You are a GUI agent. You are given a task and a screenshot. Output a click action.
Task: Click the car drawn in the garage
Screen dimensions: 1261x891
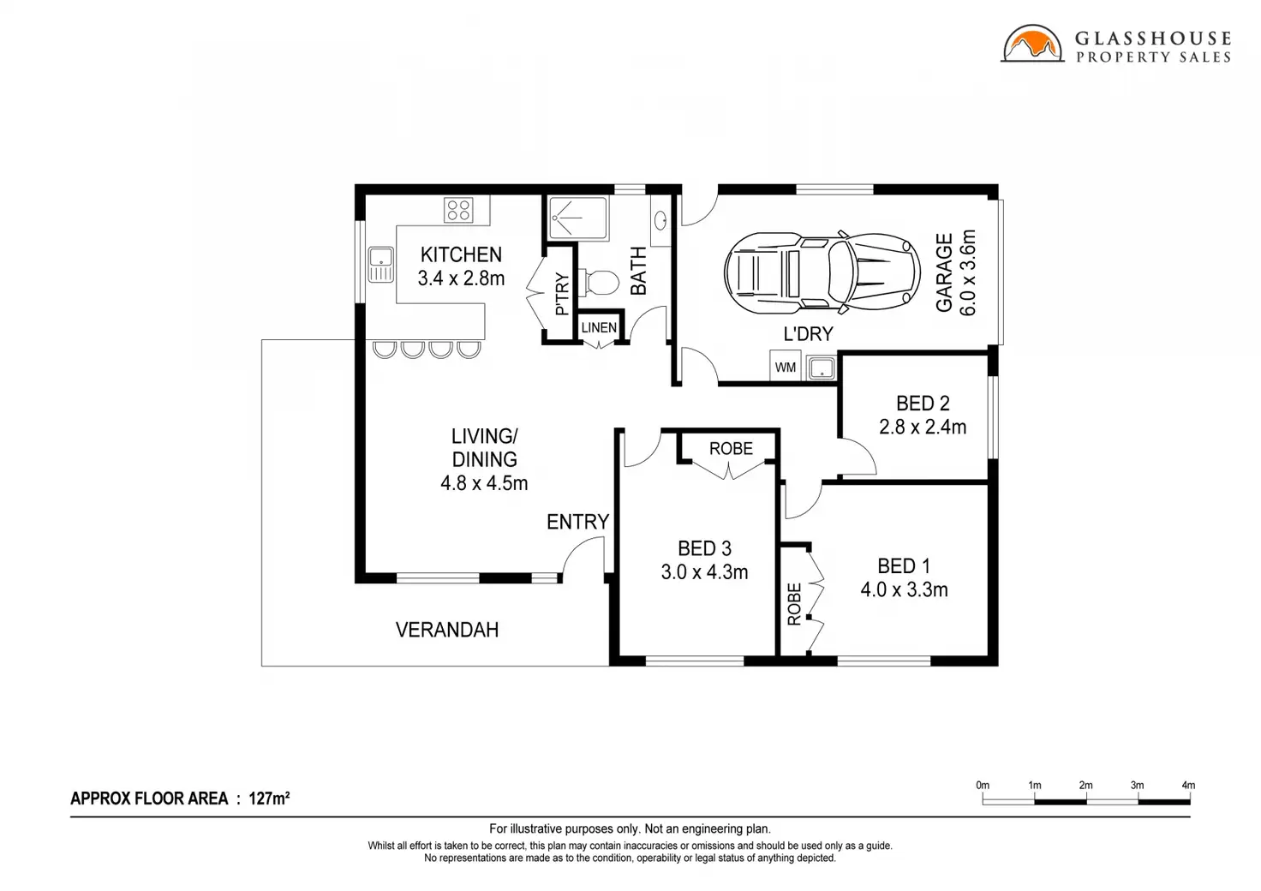pos(822,273)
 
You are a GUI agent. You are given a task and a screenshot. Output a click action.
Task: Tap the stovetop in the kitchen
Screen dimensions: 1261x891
pos(458,211)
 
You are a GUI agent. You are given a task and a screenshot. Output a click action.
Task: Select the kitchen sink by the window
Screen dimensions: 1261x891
pos(380,265)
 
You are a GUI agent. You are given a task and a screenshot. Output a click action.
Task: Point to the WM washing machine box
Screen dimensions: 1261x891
pos(786,367)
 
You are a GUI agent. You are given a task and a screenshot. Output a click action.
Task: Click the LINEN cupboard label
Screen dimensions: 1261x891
pos(599,327)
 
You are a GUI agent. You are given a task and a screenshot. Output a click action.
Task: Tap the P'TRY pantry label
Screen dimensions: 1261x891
pos(562,294)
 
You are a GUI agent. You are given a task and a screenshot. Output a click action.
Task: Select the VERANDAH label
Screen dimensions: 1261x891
pos(447,630)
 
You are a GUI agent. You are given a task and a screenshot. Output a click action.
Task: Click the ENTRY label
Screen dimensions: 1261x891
pos(577,523)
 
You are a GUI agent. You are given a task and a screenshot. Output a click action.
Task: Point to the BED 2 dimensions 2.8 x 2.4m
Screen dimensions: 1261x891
pos(923,428)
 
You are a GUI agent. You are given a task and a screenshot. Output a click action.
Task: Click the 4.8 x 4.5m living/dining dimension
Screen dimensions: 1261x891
pos(484,483)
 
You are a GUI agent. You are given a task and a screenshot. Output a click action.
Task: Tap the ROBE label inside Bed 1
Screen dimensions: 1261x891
pos(794,604)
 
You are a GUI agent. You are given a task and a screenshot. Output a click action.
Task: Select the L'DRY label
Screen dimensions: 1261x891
pos(808,334)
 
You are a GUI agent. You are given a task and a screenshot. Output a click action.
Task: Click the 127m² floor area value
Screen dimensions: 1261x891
pos(269,798)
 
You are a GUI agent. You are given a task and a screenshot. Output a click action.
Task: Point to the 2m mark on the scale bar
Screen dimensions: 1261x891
pos(1086,785)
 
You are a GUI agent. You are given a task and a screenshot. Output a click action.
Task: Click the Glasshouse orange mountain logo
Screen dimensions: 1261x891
pos(1032,44)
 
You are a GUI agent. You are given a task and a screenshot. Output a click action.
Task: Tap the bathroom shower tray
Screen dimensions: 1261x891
pos(577,218)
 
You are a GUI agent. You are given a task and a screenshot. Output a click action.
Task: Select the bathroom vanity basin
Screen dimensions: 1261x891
pos(660,220)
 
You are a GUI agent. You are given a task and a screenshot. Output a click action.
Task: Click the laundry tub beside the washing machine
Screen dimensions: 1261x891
pos(822,368)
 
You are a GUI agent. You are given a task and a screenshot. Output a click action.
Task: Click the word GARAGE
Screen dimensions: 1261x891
pos(944,272)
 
